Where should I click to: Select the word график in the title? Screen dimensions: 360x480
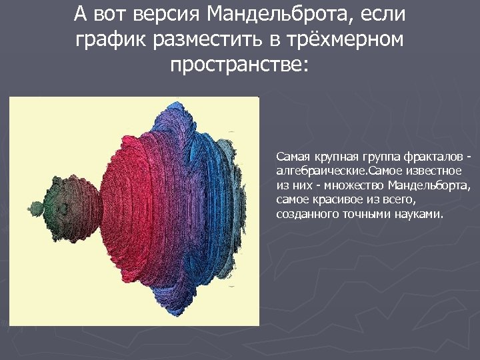click(111, 40)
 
